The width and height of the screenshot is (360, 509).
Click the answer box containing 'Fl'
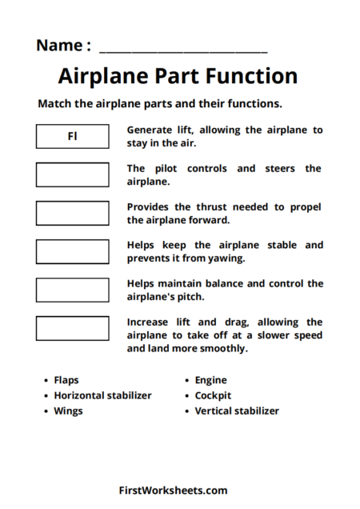[x=72, y=136]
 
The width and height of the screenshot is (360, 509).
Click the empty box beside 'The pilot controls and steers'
[x=72, y=174]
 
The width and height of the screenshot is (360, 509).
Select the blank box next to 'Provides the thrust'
[x=72, y=213]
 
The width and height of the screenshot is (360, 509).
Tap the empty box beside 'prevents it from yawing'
[x=72, y=251]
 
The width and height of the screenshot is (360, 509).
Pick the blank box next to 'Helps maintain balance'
[x=72, y=290]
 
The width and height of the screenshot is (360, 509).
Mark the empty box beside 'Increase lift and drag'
[x=72, y=328]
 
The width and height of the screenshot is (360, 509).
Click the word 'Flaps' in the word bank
[x=66, y=380]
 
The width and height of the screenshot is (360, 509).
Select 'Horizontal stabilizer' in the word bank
[x=102, y=395]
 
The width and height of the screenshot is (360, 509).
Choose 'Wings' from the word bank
[x=68, y=411]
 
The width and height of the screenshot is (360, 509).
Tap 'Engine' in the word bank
[x=210, y=380]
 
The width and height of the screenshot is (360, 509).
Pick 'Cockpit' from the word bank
[x=213, y=395]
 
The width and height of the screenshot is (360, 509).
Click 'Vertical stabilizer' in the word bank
[x=237, y=411]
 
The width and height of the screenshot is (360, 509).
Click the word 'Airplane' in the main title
[x=102, y=77]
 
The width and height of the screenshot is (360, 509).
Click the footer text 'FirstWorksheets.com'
[x=173, y=491]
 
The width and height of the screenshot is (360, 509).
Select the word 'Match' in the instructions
[x=55, y=104]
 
